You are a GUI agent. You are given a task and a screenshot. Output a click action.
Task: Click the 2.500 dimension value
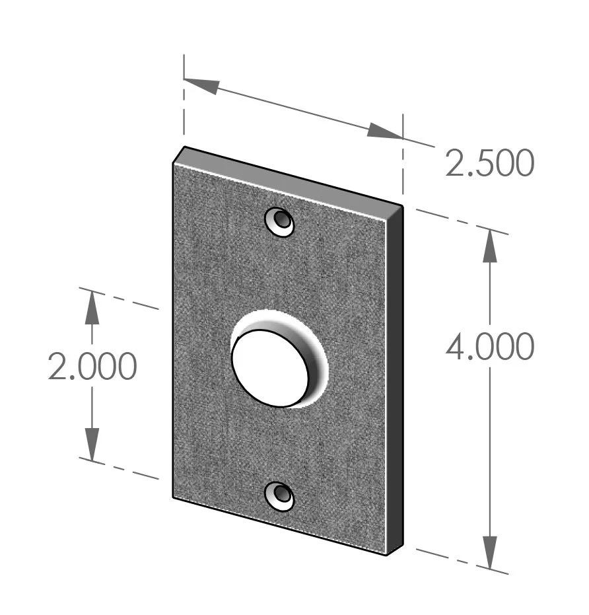click(x=489, y=164)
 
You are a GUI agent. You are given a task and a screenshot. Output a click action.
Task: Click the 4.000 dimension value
click(x=489, y=347)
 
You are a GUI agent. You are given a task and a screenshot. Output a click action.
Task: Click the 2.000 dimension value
click(x=92, y=367)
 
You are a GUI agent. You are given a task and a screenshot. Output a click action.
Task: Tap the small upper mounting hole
click(x=280, y=221)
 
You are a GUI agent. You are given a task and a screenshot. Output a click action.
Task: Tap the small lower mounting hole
click(x=280, y=495)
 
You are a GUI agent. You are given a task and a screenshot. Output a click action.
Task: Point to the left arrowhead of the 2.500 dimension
click(x=202, y=85)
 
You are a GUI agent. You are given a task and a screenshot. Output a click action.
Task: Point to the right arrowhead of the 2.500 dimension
click(x=384, y=131)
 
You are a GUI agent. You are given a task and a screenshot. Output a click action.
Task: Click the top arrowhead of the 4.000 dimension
click(x=489, y=246)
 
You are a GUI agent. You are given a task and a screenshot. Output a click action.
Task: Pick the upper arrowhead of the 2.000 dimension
click(x=92, y=307)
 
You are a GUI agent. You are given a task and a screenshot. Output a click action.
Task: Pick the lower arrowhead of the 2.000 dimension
click(x=92, y=444)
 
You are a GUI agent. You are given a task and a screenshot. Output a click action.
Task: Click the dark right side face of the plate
click(x=394, y=377)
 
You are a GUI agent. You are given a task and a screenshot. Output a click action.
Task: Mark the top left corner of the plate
click(x=174, y=162)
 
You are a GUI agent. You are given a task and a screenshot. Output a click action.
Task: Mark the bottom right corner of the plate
click(x=387, y=554)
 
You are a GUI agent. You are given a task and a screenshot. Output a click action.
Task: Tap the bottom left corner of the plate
click(x=174, y=497)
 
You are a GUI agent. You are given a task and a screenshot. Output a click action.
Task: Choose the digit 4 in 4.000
click(x=455, y=347)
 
